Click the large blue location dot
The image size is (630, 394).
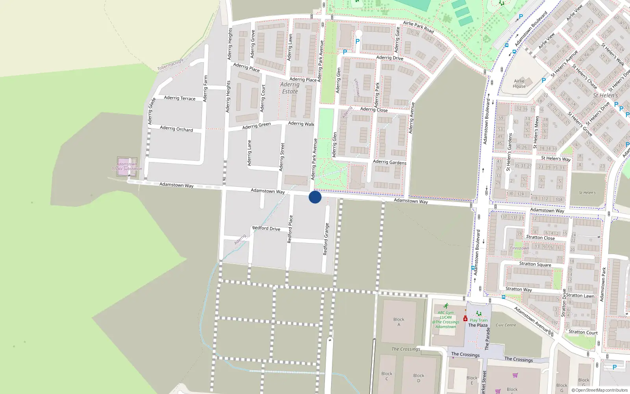click(x=315, y=197)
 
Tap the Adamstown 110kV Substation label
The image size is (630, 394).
click(x=127, y=166)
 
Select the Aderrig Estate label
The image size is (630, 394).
click(x=290, y=88)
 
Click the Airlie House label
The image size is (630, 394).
click(x=519, y=84)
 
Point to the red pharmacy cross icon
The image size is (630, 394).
click(x=465, y=318)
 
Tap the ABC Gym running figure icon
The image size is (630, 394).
click(x=446, y=306)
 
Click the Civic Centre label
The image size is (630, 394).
click(x=506, y=325)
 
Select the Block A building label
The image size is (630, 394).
click(x=398, y=322)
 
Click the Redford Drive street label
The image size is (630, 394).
click(x=266, y=229)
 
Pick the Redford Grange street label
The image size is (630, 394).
click(x=326, y=239)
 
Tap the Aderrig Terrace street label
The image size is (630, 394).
click(x=180, y=98)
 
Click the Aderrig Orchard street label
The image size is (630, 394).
click(x=176, y=129)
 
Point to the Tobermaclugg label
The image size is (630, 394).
click(x=170, y=65)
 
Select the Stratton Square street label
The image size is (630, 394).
click(x=535, y=264)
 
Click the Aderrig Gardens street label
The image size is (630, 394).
click(x=389, y=162)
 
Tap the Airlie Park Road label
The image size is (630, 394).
click(x=418, y=27)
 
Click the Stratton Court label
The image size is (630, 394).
click(x=583, y=332)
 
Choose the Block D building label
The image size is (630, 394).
click(x=419, y=378)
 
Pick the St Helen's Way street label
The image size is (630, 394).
click(x=556, y=159)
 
